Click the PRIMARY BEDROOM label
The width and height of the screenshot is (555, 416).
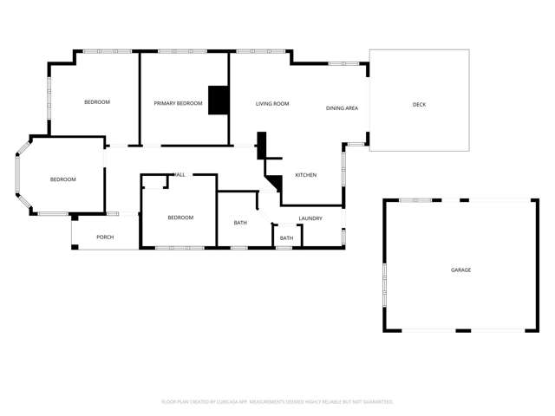pyautogui.click(x=178, y=104)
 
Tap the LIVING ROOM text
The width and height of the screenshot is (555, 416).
pyautogui.click(x=272, y=104)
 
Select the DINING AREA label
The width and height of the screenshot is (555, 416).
pyautogui.click(x=342, y=108)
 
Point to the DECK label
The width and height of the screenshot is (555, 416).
pyautogui.click(x=419, y=105)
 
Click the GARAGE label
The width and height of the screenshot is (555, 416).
pyautogui.click(x=460, y=270)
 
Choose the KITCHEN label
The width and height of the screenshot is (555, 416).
pyautogui.click(x=305, y=175)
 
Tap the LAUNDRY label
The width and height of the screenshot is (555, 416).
pyautogui.click(x=310, y=218)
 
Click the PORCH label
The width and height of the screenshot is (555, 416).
pyautogui.click(x=105, y=237)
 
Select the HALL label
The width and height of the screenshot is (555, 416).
pyautogui.click(x=180, y=175)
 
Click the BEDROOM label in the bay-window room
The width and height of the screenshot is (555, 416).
pyautogui.click(x=62, y=179)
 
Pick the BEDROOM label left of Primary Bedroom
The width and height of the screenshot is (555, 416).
pyautogui.click(x=97, y=102)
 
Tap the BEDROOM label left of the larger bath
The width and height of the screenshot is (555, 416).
pyautogui.click(x=180, y=218)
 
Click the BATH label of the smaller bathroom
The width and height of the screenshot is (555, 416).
pyautogui.click(x=286, y=238)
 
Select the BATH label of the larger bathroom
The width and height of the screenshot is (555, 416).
pyautogui.click(x=240, y=223)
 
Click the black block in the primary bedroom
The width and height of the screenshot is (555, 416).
pyautogui.click(x=219, y=100)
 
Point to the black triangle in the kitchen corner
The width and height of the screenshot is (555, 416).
pyautogui.click(x=277, y=183)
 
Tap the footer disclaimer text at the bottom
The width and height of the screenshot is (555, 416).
pyautogui.click(x=277, y=401)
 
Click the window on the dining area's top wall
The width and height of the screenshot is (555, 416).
pyautogui.click(x=343, y=63)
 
